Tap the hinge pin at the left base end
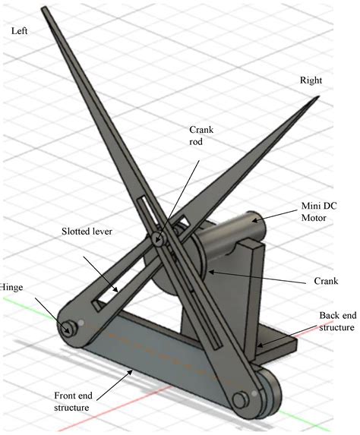point(69,327)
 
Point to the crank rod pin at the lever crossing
point(160,240)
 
